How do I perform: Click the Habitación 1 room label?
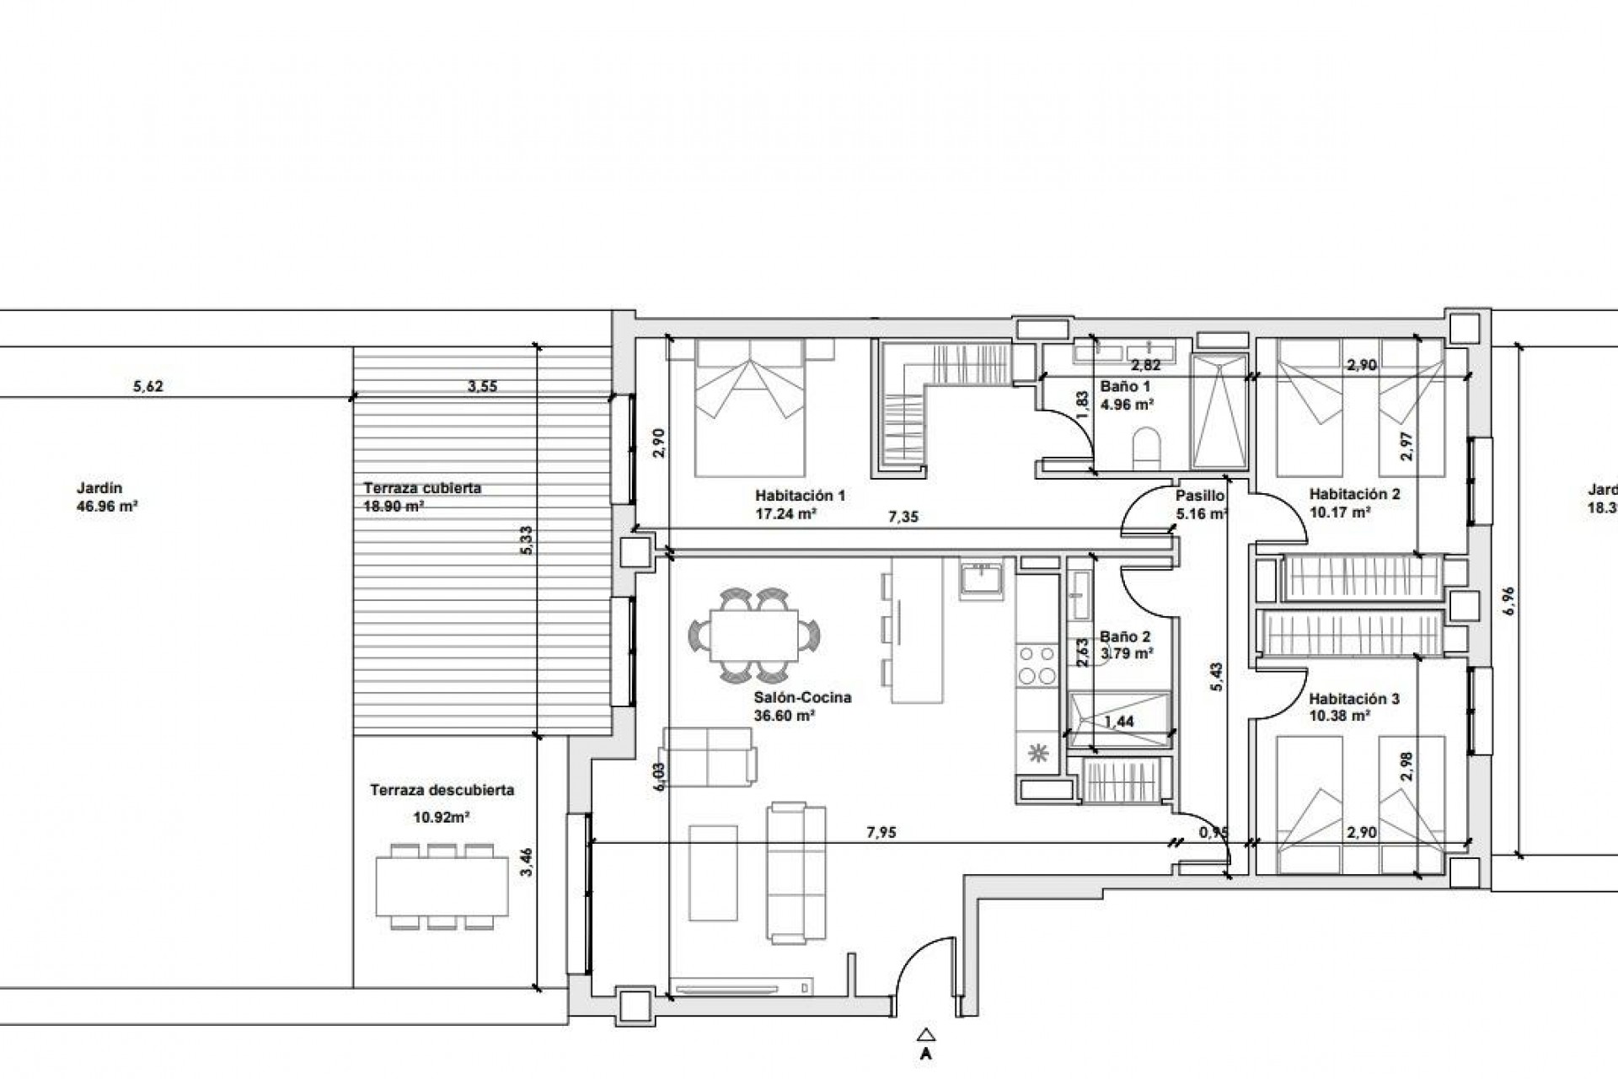[x=800, y=496]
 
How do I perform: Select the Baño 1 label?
[x=1125, y=386]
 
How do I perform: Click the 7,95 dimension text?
[x=881, y=833]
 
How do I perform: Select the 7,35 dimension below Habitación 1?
[x=903, y=518]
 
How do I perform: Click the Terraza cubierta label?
[x=422, y=488]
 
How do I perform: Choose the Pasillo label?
[x=1200, y=496]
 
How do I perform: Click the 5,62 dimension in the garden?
[x=148, y=387]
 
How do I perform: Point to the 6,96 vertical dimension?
[x=1508, y=600]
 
